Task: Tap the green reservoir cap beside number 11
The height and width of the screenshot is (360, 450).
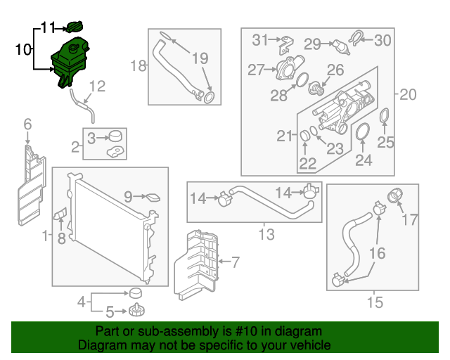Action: [x=74, y=27]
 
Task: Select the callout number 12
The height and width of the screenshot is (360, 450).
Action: [x=97, y=86]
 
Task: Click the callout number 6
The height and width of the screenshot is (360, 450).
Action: [x=27, y=124]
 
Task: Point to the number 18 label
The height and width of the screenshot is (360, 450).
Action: [x=138, y=66]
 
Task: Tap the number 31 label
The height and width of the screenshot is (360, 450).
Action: [x=261, y=39]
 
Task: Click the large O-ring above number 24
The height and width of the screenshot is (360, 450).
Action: [x=364, y=131]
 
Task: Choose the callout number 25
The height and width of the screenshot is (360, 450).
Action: [x=386, y=143]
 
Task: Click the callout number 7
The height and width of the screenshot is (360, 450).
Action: [x=235, y=263]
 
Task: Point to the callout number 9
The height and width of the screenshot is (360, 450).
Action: [x=128, y=198]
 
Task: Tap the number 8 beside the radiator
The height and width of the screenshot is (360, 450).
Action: [x=61, y=238]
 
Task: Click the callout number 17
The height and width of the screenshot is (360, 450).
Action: [x=410, y=220]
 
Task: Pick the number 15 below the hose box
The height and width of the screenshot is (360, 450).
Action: [x=375, y=303]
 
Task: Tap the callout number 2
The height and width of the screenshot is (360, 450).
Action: [x=75, y=147]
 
